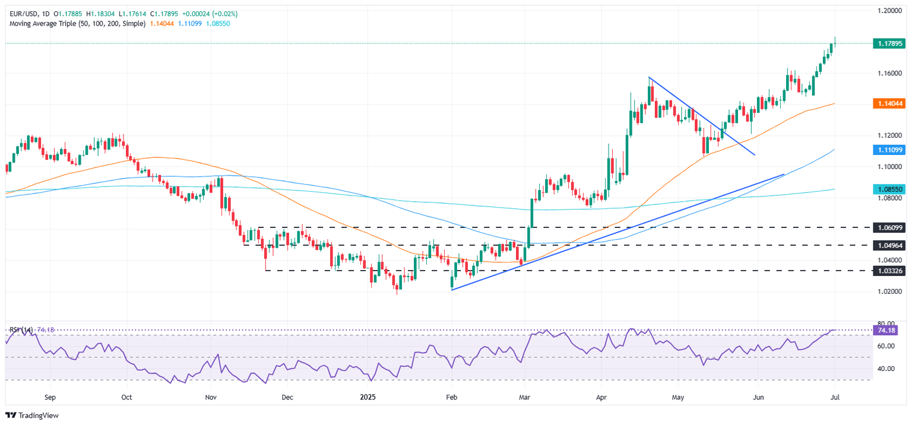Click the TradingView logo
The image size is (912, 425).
[x=33, y=416]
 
